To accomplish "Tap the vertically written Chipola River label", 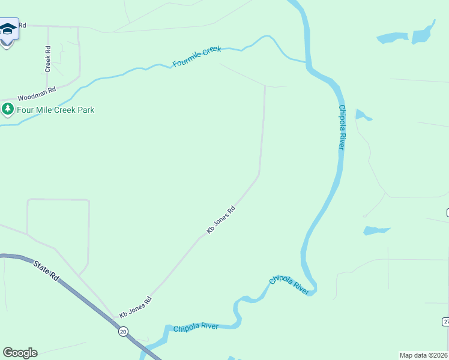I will point(342,127).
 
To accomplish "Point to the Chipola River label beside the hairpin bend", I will point(289,284).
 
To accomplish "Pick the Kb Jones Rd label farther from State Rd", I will point(220,220).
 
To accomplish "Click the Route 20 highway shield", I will point(123,331).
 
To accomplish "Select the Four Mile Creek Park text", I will point(55,110).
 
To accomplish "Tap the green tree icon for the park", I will point(8,109).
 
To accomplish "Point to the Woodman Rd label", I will point(36,94).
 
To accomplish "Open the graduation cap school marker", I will point(7,30).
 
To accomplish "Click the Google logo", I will point(20,353).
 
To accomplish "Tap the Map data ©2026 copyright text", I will point(423,355).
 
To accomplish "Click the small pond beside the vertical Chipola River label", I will point(362,115).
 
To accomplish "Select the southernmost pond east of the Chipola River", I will point(376,230).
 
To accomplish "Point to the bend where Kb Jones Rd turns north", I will point(259,175).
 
